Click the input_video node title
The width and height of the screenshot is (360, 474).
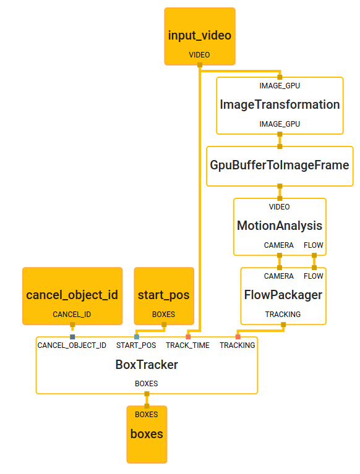(199, 35)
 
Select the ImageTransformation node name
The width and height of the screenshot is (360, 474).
(280, 104)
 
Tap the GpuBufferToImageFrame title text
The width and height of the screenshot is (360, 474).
(280, 165)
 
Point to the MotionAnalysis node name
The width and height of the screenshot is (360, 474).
(280, 226)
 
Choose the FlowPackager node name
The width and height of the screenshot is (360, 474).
(283, 295)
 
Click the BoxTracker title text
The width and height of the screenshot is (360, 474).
(147, 365)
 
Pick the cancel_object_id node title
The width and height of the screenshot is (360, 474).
(72, 295)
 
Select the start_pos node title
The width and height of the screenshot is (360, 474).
(163, 295)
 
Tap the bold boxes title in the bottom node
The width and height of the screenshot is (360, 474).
(147, 434)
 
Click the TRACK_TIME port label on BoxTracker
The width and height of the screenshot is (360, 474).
(187, 345)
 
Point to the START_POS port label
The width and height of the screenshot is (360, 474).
(136, 345)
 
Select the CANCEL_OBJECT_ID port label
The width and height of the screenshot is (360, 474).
(72, 345)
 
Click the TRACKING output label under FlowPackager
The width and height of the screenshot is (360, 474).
(283, 315)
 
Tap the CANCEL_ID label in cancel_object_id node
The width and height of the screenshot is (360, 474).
(72, 315)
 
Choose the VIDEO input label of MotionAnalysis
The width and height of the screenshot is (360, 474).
(279, 207)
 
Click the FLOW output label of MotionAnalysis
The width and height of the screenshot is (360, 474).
(313, 245)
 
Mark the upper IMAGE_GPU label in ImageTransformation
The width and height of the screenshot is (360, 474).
(280, 86)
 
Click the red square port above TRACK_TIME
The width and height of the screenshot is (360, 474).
(187, 336)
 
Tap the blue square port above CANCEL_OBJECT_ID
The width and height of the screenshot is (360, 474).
(72, 336)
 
